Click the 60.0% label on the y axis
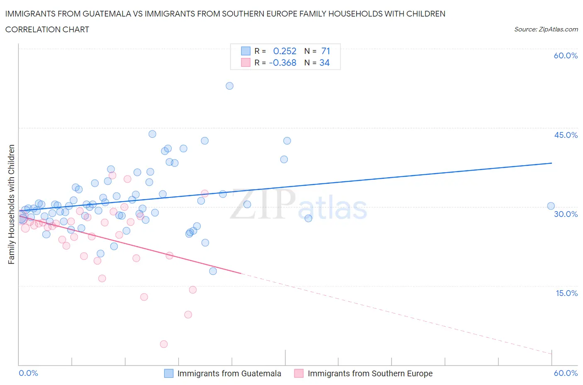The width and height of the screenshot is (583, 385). [x=566, y=56]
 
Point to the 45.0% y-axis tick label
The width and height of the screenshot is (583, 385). [x=566, y=135]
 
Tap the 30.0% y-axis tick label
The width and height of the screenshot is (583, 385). [x=566, y=214]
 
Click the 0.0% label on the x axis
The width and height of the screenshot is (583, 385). [x=29, y=373]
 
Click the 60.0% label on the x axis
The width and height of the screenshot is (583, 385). [x=566, y=373]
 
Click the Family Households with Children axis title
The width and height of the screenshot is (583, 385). [x=12, y=204]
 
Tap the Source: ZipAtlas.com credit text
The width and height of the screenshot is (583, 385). [x=546, y=29]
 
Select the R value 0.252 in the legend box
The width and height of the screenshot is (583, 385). [x=284, y=51]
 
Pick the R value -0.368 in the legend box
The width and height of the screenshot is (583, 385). [x=282, y=63]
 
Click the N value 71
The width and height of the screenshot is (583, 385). [x=326, y=51]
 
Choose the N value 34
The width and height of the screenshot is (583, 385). [x=324, y=63]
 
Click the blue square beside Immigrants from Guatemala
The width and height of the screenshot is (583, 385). [x=169, y=373]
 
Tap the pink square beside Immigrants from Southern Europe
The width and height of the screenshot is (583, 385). [x=299, y=373]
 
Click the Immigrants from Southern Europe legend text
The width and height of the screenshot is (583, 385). [x=370, y=373]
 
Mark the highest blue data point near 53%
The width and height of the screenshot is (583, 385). [x=229, y=86]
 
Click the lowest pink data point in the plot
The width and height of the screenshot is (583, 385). [x=164, y=344]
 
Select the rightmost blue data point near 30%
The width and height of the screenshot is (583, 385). [x=551, y=206]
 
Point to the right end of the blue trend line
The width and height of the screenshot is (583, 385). [x=551, y=163]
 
